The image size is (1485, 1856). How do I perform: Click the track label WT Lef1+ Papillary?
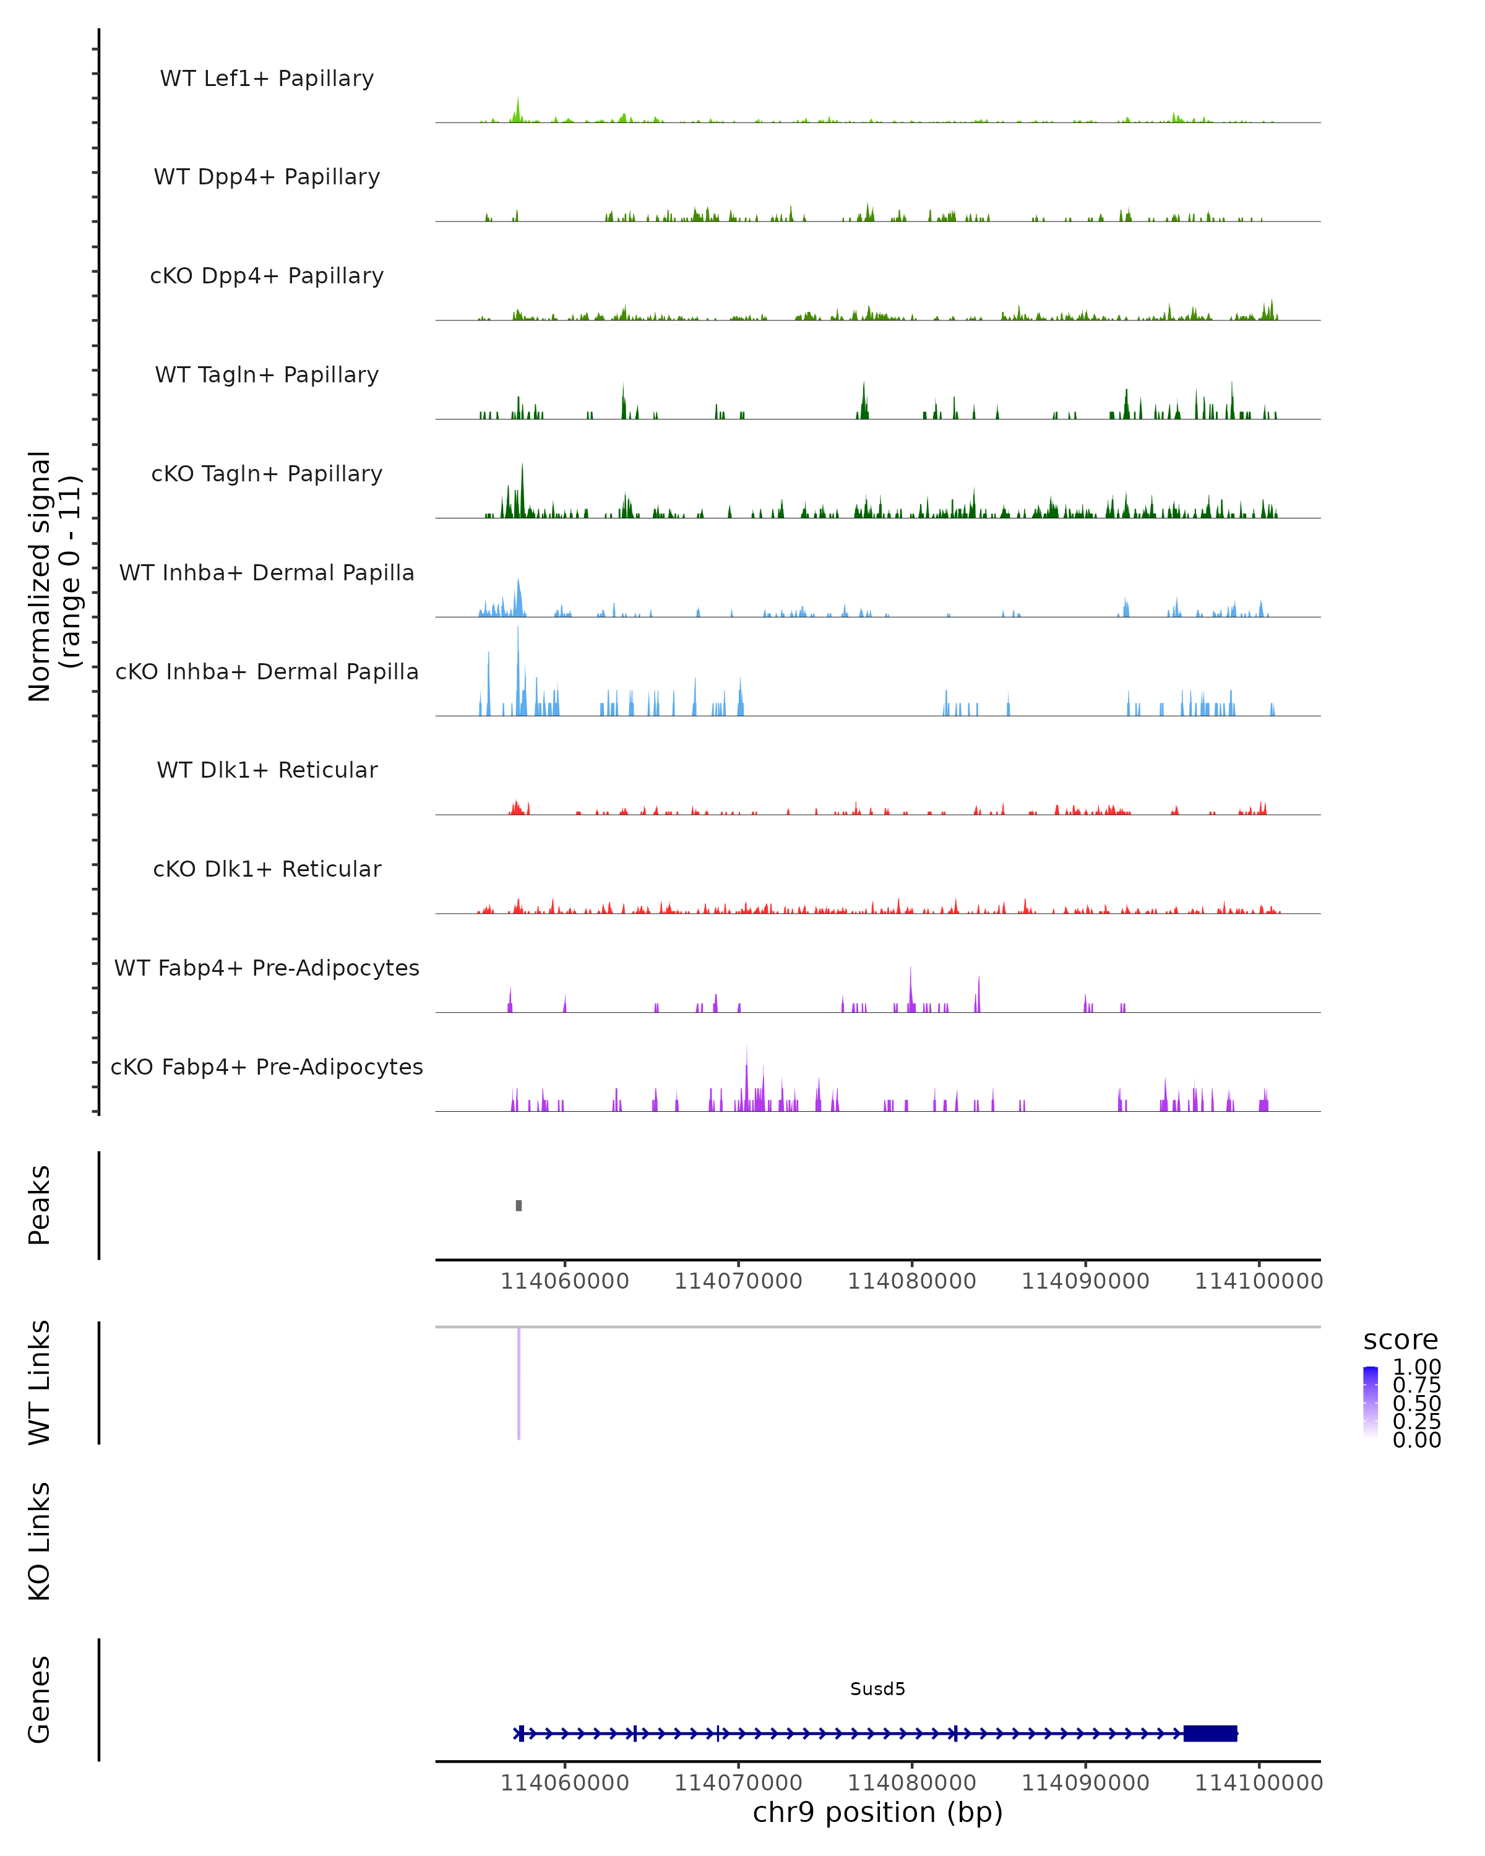tap(267, 79)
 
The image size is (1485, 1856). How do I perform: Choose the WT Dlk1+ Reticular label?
tap(267, 770)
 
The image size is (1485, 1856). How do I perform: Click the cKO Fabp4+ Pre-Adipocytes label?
tap(267, 1067)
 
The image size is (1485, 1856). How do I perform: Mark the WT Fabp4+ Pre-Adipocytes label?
tap(267, 968)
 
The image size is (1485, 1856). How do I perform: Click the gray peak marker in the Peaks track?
tap(519, 1205)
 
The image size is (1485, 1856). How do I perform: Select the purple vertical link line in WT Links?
tap(519, 1381)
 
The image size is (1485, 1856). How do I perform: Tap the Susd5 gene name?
tap(877, 1689)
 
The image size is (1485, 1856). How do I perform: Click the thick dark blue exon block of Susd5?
tap(1210, 1733)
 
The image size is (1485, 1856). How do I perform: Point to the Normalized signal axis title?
tap(53, 576)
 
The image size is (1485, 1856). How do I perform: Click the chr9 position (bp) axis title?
tap(877, 1812)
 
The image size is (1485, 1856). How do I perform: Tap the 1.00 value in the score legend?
tap(1416, 1367)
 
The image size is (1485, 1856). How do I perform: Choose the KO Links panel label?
tap(40, 1541)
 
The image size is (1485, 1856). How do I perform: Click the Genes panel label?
tap(40, 1699)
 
